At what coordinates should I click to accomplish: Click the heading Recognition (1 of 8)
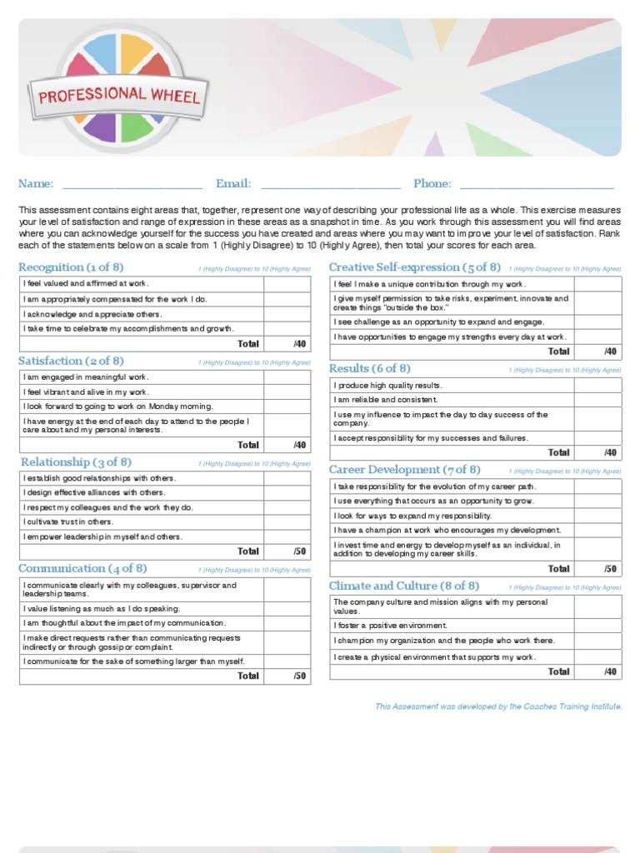point(71,267)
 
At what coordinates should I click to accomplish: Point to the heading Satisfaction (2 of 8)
point(71,361)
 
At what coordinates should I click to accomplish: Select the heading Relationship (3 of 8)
point(76,462)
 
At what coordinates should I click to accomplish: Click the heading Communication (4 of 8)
point(82,569)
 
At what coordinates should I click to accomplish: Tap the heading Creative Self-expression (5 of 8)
point(414,267)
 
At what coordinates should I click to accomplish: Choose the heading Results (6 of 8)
point(369,369)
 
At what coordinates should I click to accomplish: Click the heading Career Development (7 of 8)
point(404,470)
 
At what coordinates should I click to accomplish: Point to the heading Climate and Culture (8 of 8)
point(403,586)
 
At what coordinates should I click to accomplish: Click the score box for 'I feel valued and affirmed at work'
point(287,284)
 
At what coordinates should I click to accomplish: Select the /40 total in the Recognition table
point(299,344)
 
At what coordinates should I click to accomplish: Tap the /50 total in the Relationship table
point(299,551)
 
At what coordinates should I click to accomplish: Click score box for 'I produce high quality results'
point(597,386)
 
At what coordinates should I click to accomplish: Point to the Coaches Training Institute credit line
point(497,706)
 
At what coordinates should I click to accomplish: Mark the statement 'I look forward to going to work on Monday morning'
point(118,407)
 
